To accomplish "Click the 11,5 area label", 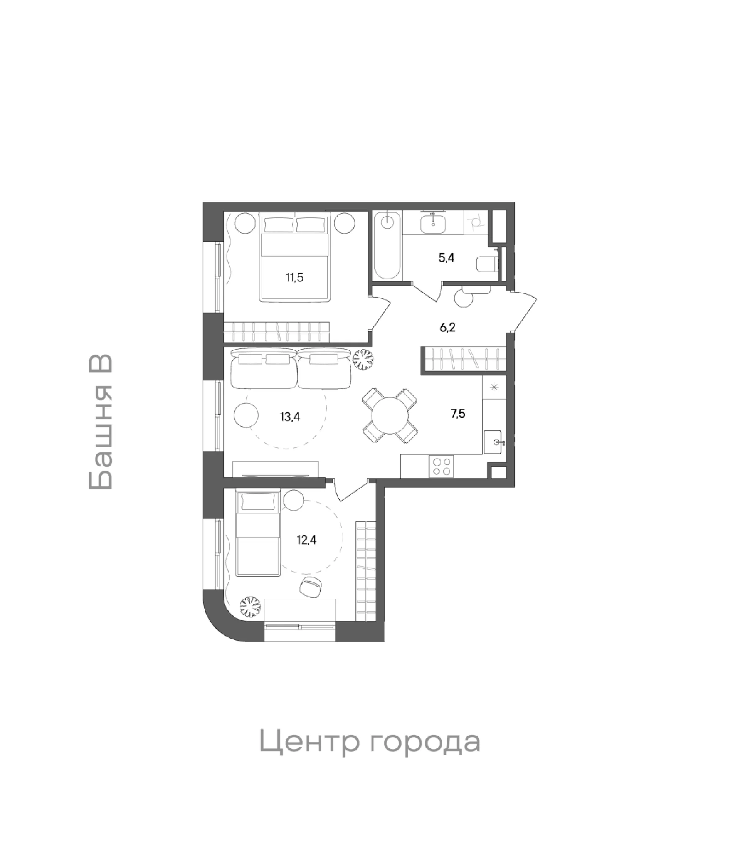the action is (x=294, y=277).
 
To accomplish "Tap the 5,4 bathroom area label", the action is (x=446, y=258).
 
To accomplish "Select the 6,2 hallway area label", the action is (x=447, y=328).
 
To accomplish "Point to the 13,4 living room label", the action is (x=290, y=417).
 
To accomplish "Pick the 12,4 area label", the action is (x=306, y=540).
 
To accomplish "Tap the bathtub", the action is (x=387, y=246).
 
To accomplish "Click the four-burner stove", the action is (x=441, y=467).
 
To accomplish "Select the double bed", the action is (x=295, y=257).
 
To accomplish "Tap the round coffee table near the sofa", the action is (x=246, y=416).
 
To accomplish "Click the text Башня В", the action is (x=100, y=422).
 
